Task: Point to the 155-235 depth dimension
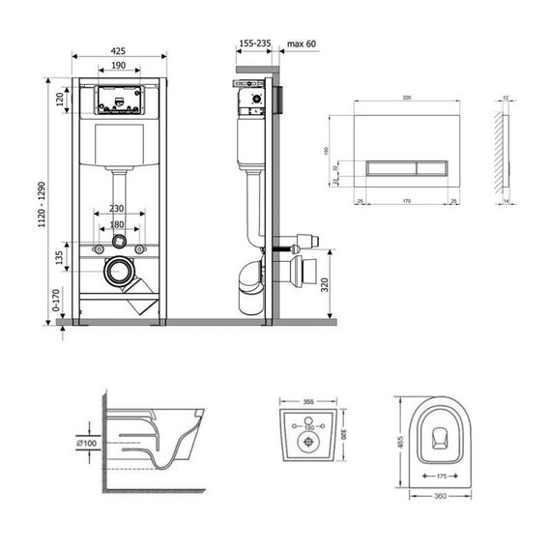coord(254,44)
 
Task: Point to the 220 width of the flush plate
coord(407,99)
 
